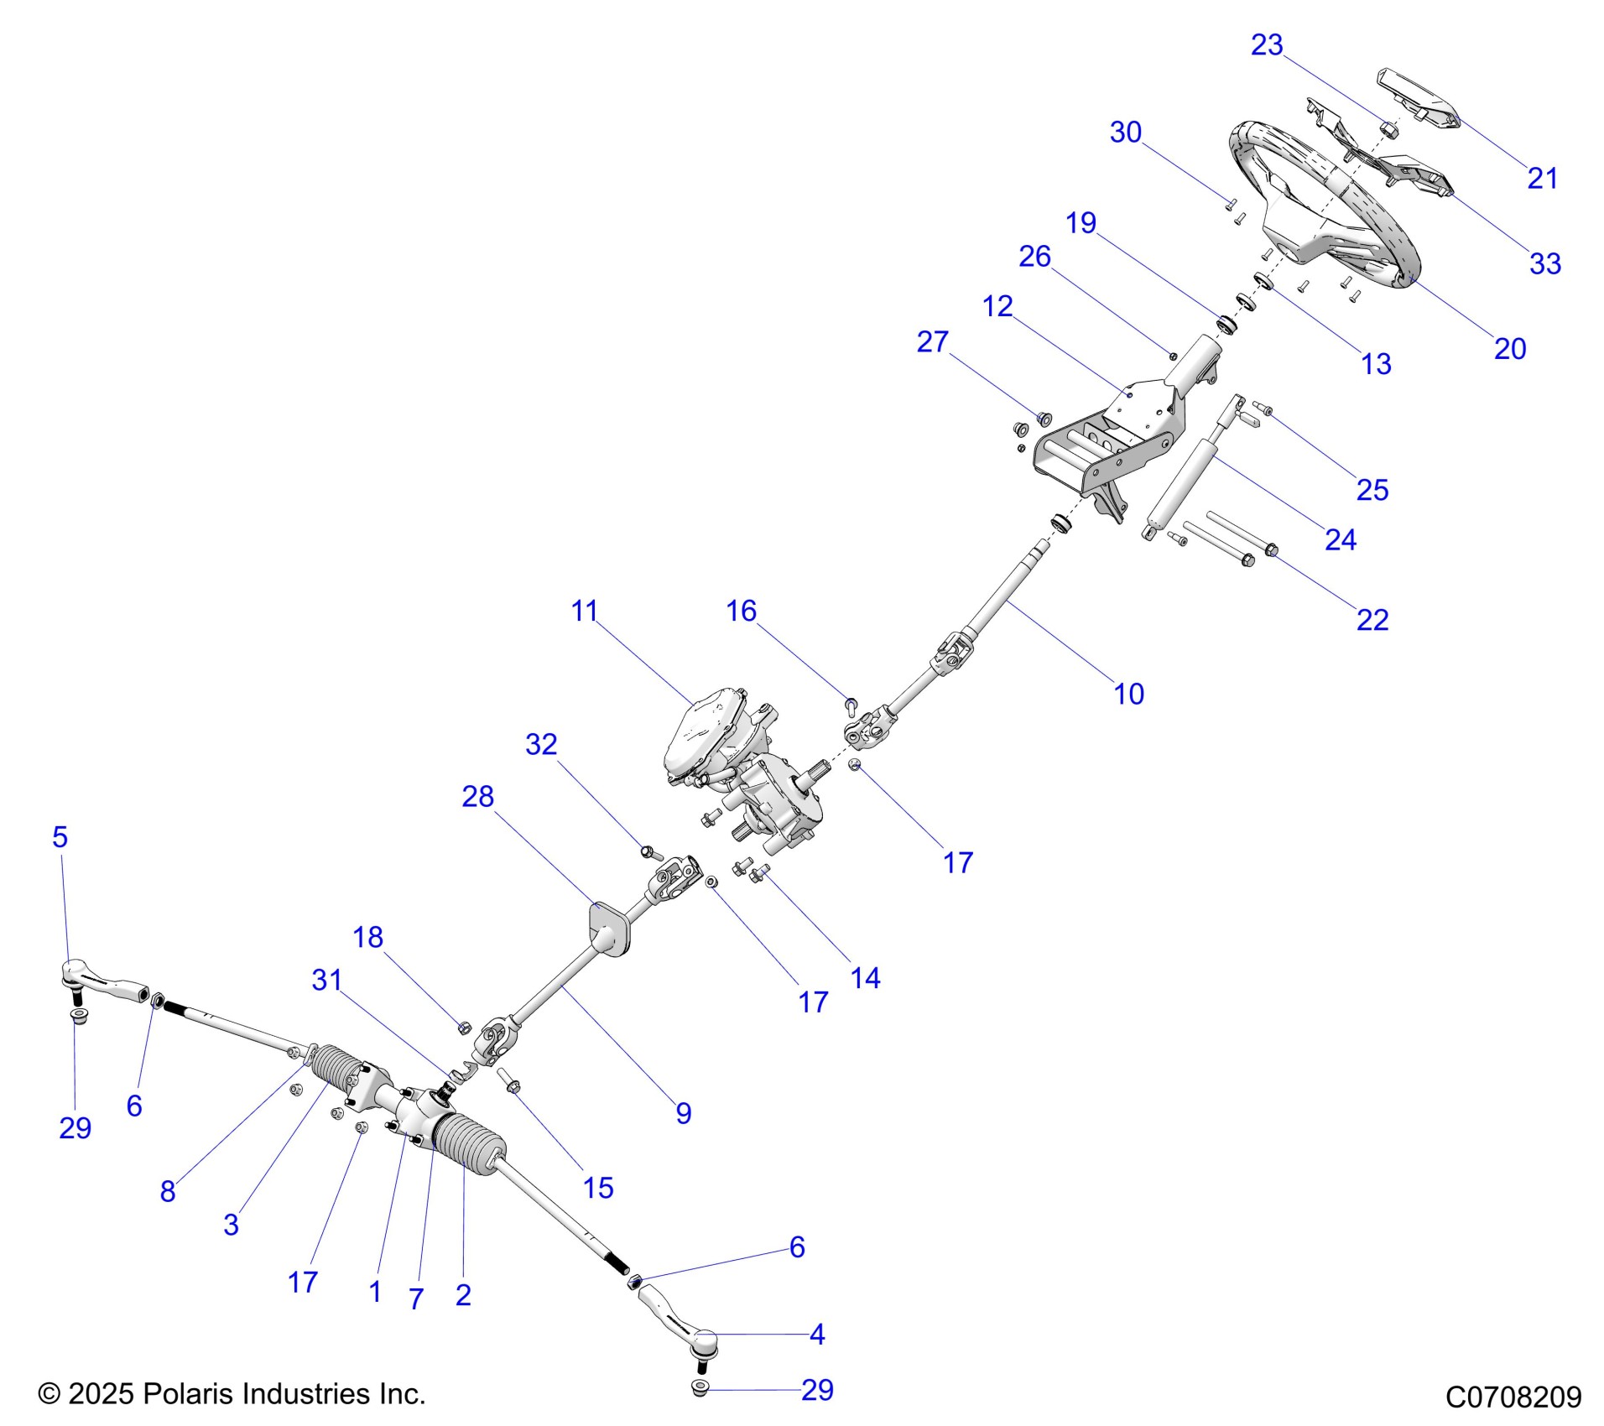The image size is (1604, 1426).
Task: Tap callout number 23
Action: click(x=1266, y=45)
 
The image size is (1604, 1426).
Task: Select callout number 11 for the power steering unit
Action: click(x=584, y=611)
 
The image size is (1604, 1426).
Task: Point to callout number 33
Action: click(x=1544, y=263)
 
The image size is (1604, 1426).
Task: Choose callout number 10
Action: click(x=1128, y=694)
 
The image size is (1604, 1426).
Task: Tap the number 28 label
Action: click(x=477, y=796)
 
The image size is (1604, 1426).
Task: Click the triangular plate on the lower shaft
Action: click(x=607, y=929)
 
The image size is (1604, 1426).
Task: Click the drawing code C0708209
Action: click(x=1513, y=1397)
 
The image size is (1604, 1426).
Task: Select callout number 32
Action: click(x=541, y=744)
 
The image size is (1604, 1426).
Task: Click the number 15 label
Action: click(x=598, y=1188)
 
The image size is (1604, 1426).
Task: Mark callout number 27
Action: click(x=932, y=341)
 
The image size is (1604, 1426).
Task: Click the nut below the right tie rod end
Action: click(x=700, y=1389)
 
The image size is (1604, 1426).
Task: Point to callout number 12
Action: click(x=997, y=306)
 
